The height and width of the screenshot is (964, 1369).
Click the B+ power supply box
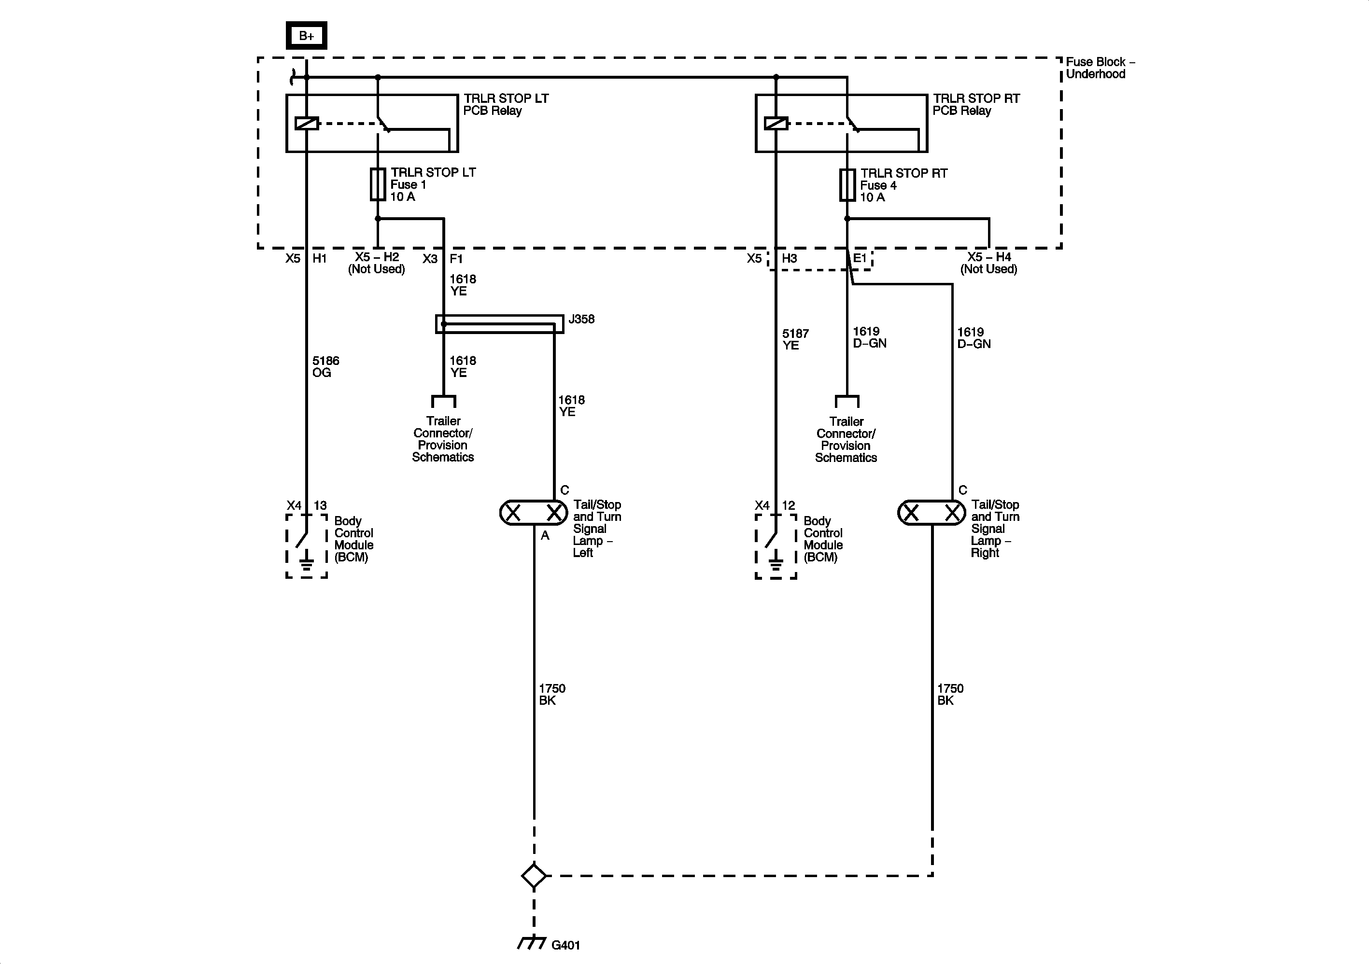coord(307,36)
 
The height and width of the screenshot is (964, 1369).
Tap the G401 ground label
coord(565,944)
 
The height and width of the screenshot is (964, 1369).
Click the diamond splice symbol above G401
coord(534,876)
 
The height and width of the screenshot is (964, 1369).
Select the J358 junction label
coord(581,319)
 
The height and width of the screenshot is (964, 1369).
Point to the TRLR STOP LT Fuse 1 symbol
coord(378,184)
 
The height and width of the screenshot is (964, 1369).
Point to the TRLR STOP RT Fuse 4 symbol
coord(847,185)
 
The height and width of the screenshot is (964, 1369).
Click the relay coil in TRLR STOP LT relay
coord(307,124)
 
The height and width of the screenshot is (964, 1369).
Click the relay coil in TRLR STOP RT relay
coord(776,124)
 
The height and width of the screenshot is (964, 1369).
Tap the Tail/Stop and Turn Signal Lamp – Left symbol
coord(534,513)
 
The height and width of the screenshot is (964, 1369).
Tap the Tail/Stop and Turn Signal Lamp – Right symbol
coord(931,513)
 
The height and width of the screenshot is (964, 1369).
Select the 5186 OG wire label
coord(325,367)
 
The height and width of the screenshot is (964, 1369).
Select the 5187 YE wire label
coord(795,339)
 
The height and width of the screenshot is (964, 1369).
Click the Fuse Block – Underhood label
coord(1100,68)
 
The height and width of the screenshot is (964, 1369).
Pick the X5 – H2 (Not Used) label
coord(377,263)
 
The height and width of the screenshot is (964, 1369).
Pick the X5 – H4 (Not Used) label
coord(988,263)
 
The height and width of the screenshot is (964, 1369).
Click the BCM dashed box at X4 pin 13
coord(307,546)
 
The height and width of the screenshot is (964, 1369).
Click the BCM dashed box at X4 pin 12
coord(776,546)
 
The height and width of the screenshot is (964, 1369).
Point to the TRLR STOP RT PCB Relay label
coord(976,104)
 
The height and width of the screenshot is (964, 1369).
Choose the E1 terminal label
coord(859,258)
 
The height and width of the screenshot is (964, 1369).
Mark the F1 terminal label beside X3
coord(456,259)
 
